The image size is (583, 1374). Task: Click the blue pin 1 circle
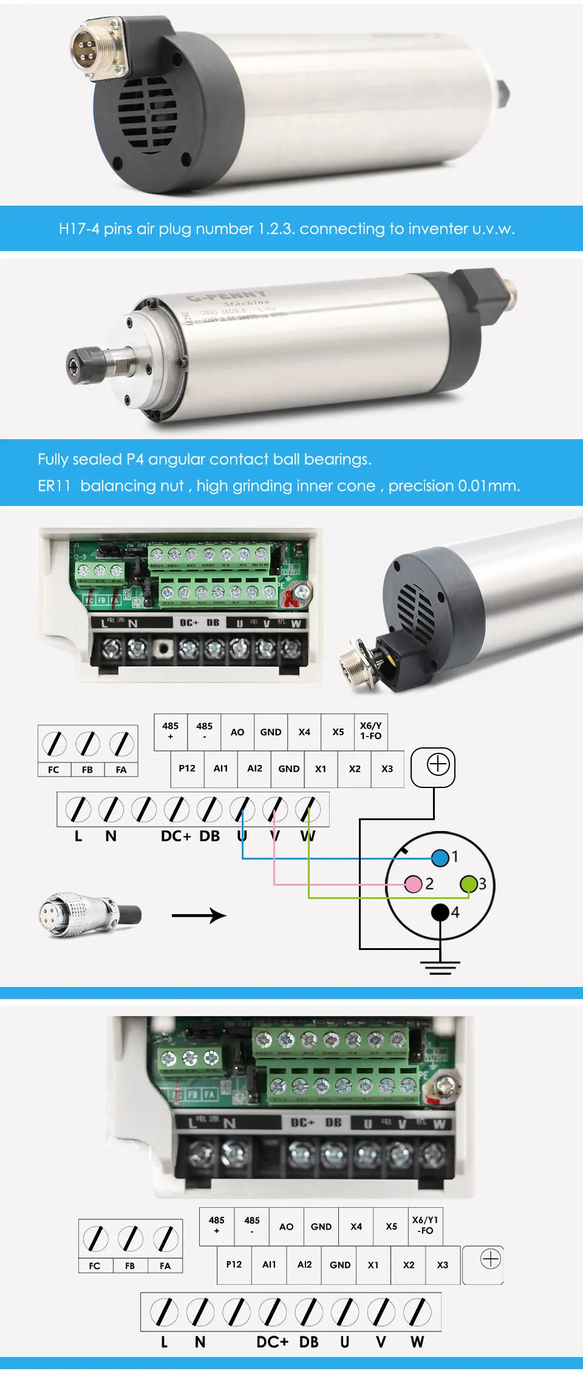coord(440,857)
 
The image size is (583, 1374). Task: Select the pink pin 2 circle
coord(414,883)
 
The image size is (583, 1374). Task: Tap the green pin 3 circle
coord(469,883)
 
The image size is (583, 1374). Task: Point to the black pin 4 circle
coord(440,911)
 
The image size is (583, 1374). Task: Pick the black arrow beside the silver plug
coord(199,915)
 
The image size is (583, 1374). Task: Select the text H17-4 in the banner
coord(79,229)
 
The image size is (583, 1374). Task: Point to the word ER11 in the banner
coord(54,486)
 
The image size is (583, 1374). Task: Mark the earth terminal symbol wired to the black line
coord(438,765)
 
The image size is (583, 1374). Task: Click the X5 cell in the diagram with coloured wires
coord(338,732)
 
